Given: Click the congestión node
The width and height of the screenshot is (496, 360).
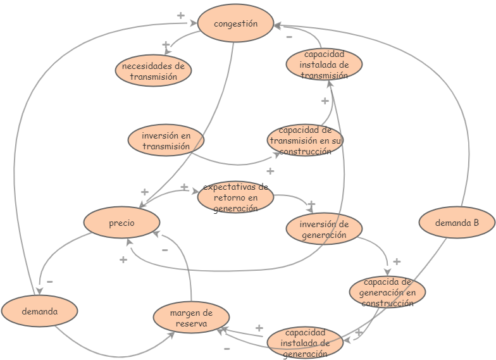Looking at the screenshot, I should point(235,23).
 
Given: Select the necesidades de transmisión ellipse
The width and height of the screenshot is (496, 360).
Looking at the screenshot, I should point(153,71).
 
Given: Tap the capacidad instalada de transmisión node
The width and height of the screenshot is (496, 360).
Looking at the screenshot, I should point(324,65).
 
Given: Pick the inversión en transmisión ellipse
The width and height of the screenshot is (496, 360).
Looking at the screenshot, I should point(166,140).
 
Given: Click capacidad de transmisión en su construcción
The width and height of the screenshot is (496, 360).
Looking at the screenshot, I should point(305,140).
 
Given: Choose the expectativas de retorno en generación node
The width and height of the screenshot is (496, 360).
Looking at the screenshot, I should point(235,197).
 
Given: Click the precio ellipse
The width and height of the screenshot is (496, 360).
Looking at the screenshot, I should point(121,223).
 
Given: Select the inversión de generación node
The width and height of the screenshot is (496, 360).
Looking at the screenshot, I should point(324,229).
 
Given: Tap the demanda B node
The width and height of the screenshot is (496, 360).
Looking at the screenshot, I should point(457,223).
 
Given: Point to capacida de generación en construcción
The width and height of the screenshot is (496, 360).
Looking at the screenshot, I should point(387,292).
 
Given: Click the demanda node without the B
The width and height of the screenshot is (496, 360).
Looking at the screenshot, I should point(39,311).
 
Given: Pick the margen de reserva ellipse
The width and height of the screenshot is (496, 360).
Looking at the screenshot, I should point(191,318).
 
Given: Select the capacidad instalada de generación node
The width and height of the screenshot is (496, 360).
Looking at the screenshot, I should point(305,342).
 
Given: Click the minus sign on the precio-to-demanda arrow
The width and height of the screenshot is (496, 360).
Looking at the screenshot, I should point(49,282).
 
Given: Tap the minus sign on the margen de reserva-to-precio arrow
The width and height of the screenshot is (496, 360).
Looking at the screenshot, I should point(164,250).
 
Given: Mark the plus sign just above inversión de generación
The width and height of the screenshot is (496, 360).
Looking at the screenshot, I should point(311,204).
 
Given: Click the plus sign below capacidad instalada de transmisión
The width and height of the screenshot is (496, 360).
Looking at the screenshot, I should point(325,101).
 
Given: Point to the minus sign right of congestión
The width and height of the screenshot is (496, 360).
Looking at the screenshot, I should point(289,37).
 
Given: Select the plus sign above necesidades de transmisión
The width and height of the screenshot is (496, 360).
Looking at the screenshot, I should point(166,45).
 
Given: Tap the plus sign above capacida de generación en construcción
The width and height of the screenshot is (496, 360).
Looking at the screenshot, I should point(397,261).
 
